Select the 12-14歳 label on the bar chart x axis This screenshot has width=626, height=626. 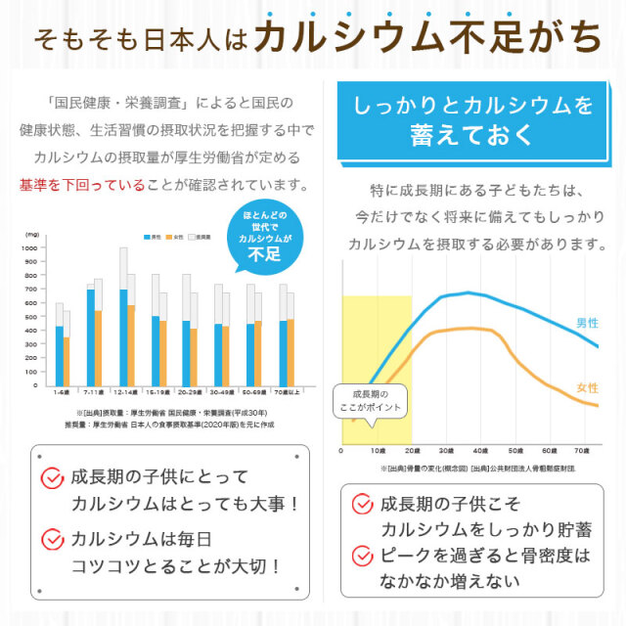pos(124,392)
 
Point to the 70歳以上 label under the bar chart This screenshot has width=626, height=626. pos(289,392)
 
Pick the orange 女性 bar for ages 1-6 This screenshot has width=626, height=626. pos(67,361)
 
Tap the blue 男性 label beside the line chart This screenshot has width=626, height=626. pos(588,323)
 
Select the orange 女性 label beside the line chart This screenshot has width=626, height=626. pos(588,386)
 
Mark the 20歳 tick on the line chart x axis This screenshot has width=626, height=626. pos(412,452)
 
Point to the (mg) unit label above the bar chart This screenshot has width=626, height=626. pos(32,235)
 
